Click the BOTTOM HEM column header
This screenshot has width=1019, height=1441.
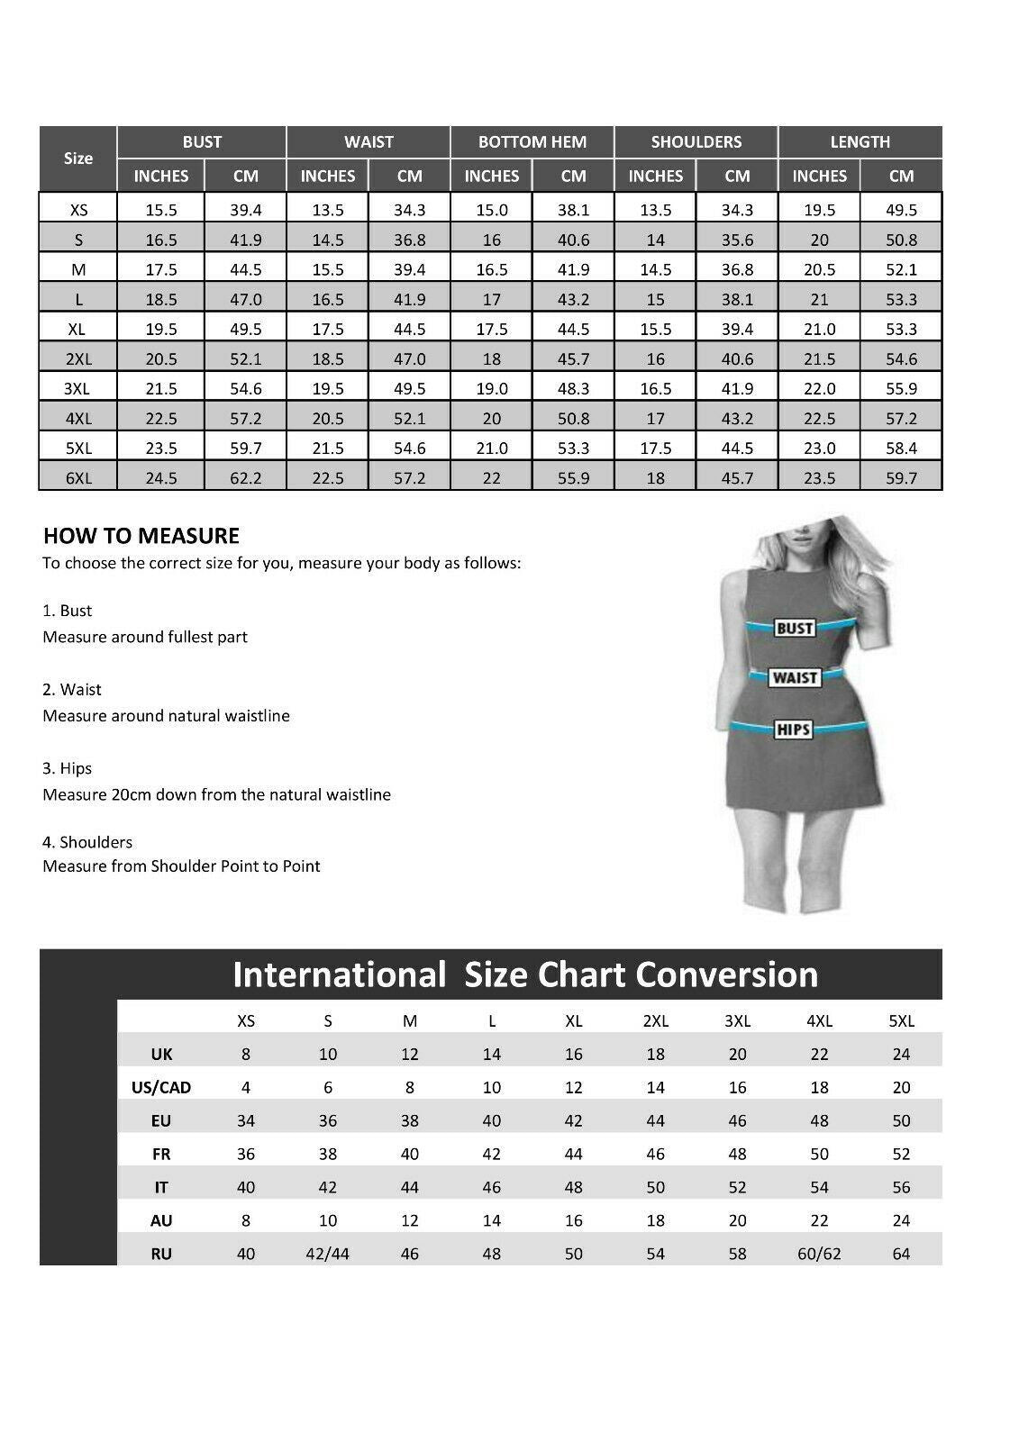532,141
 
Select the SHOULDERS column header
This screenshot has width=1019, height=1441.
696,141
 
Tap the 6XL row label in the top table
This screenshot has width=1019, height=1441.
78,478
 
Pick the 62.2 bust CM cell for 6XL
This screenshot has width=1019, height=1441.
245,478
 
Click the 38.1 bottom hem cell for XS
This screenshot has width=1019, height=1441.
573,210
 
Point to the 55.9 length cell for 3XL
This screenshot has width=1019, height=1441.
901,389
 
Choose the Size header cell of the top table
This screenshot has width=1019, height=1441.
78,159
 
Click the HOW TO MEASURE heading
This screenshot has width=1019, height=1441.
141,536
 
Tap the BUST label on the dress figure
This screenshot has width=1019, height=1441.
795,629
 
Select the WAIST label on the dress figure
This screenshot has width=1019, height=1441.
794,677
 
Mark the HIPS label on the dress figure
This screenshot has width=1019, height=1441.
793,729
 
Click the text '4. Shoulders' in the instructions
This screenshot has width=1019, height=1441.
87,842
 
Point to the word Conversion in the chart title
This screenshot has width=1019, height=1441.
726,974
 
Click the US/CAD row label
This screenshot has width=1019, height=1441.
161,1087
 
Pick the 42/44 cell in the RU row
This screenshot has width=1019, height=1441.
328,1254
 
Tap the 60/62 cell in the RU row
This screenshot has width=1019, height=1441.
819,1254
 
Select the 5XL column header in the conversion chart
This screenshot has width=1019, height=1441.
901,1020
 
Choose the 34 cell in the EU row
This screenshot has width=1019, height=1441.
246,1120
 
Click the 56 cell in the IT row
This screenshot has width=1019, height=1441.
901,1187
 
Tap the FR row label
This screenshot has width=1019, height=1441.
161,1154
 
